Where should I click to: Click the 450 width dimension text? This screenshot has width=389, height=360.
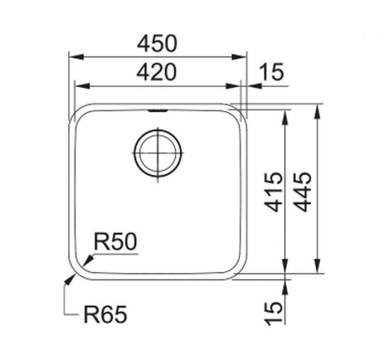157,43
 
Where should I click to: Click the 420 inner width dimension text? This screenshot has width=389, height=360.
157,72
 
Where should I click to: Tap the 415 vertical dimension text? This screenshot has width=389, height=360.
273,192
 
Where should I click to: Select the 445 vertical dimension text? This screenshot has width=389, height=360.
302,192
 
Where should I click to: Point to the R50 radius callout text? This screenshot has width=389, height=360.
116,241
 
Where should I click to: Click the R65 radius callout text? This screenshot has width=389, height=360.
105,314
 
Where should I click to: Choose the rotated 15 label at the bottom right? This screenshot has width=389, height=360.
273,312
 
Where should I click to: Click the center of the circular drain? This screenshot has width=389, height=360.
158,153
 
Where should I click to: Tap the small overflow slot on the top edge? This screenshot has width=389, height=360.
158,110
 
